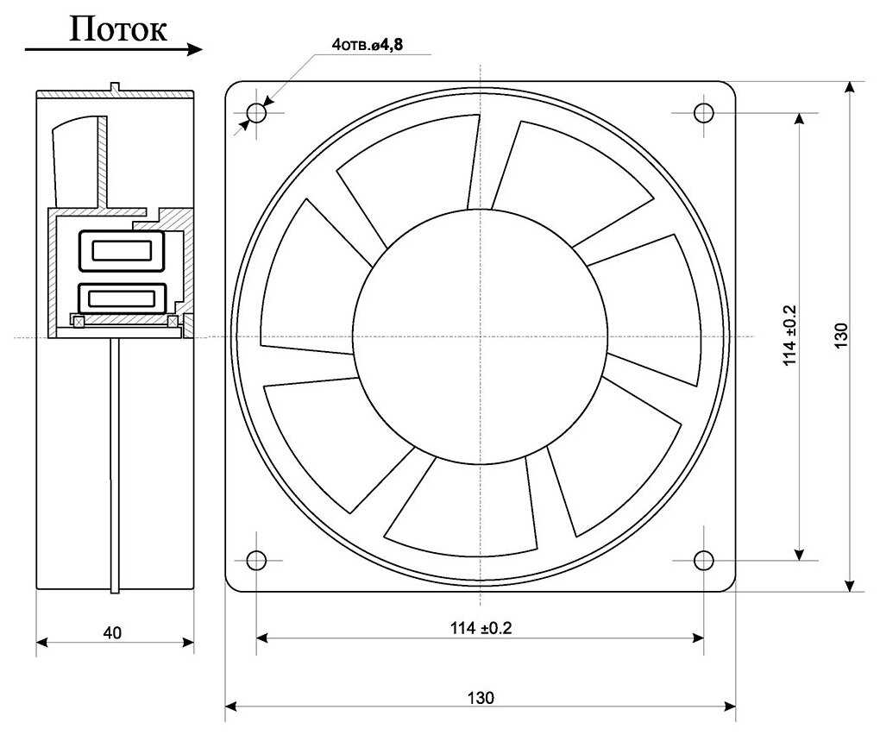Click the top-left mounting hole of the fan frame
tap(256, 113)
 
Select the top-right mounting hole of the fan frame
tap(703, 113)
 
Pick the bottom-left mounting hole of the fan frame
tap(256, 560)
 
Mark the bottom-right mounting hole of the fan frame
tap(703, 560)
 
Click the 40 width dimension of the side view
tap(112, 632)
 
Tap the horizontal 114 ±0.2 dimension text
tap(481, 628)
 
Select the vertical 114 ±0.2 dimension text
tap(789, 336)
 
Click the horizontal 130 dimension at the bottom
tap(481, 697)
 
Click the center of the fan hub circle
tap(480, 336)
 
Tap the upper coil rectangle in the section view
tap(121, 252)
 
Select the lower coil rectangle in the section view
tap(121, 298)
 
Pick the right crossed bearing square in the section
tap(173, 322)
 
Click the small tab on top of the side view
tap(115, 87)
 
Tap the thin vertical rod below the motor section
tap(115, 466)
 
